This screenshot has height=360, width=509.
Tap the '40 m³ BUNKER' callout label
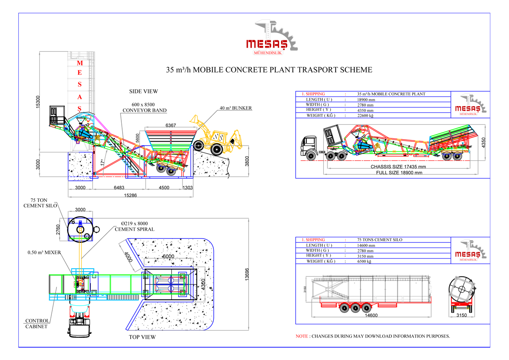tap(236, 108)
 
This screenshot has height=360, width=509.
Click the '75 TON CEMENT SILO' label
tap(40, 203)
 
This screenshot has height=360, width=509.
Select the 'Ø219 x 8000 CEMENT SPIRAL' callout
tap(134, 226)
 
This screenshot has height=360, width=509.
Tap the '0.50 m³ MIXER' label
tap(44, 253)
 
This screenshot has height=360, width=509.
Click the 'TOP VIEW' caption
tap(142, 337)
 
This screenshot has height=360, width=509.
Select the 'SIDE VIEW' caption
tap(143, 91)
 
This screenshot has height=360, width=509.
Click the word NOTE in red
tap(302, 336)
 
